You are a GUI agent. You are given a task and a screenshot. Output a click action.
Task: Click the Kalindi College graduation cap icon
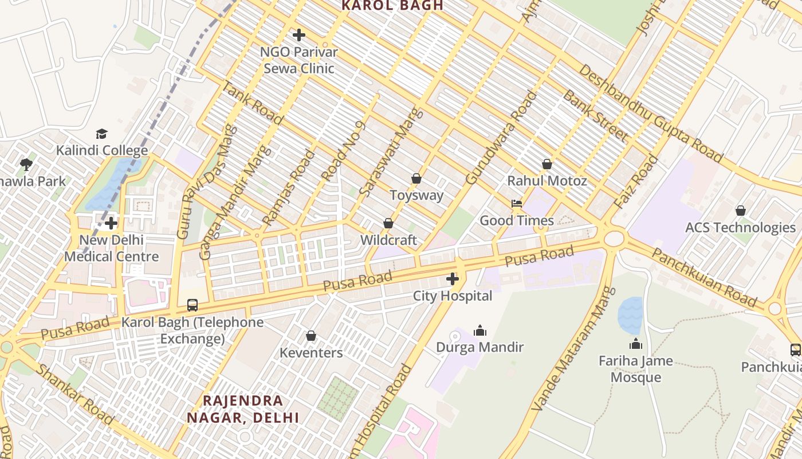tap(101, 134)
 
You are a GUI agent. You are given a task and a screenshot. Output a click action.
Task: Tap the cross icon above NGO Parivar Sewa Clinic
tap(298, 35)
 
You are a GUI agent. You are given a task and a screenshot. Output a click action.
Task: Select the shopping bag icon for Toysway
tap(416, 178)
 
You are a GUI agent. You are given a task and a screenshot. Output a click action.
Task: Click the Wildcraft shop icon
tap(388, 223)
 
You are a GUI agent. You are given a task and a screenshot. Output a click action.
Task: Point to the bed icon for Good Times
tap(516, 204)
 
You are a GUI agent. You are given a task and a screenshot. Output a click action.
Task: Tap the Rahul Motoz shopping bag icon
tap(547, 164)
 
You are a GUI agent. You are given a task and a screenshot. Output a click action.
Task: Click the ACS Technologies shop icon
tap(740, 211)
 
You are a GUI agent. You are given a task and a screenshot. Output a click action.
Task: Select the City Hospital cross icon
tap(453, 279)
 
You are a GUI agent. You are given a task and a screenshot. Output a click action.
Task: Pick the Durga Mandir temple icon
tap(480, 330)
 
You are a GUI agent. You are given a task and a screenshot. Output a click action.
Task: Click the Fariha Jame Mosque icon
tap(635, 344)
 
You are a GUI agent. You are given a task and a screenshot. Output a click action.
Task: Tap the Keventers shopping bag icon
tap(311, 336)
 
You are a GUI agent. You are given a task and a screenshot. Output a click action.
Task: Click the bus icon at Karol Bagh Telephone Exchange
tap(192, 305)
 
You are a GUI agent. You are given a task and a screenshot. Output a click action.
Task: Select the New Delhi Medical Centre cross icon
tap(111, 223)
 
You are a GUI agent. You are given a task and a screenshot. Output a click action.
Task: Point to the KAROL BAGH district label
tap(392, 6)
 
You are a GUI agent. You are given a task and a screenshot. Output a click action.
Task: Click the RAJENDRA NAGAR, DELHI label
tap(243, 409)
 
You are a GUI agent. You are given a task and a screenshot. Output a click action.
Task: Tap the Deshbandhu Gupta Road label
tap(650, 114)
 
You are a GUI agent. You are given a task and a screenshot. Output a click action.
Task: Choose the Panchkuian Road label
tap(704, 278)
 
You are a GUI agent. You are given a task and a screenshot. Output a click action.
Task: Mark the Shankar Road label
tap(74, 394)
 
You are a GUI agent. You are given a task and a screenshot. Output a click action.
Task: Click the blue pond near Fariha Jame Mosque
tap(630, 315)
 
